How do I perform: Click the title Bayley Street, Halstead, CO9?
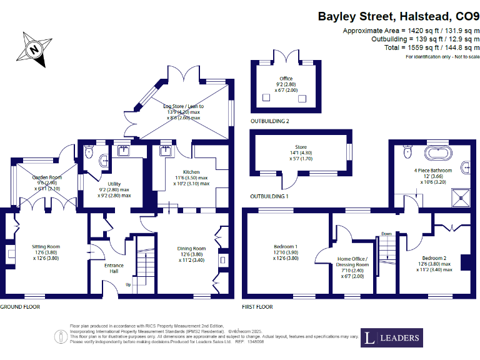tap(398, 16)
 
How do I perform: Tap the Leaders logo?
tap(393, 338)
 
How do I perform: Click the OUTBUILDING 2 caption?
tap(269, 120)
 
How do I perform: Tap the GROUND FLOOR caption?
tap(21, 307)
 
